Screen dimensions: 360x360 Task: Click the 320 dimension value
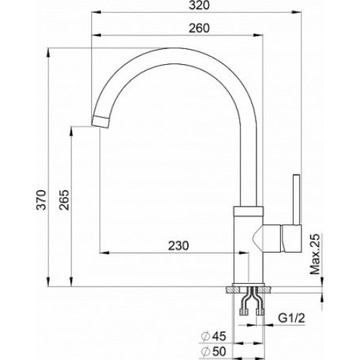pyautogui.click(x=199, y=6)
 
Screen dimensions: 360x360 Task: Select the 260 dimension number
pyautogui.click(x=199, y=28)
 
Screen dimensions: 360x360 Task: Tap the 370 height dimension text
pyautogui.click(x=41, y=200)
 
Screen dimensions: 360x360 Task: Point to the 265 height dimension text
pyautogui.click(x=64, y=200)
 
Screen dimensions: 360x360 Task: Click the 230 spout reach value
pyautogui.click(x=179, y=246)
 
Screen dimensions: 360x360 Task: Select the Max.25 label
pyautogui.click(x=315, y=253)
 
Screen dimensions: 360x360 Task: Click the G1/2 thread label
pyautogui.click(x=292, y=318)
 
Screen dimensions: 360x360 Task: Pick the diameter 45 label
pyautogui.click(x=213, y=336)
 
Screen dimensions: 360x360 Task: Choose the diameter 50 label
pyautogui.click(x=213, y=352)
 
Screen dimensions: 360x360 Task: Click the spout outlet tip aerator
pyautogui.click(x=100, y=122)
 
